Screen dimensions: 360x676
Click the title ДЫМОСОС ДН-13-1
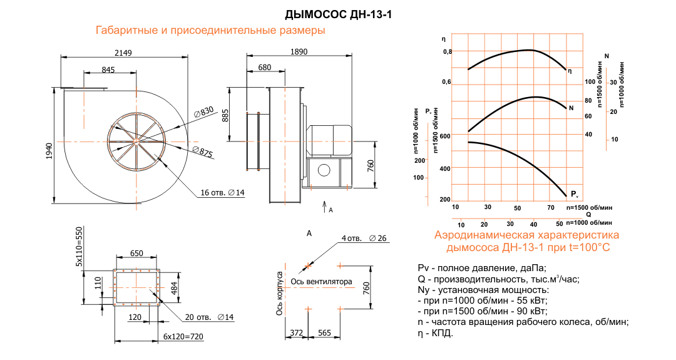click(338, 14)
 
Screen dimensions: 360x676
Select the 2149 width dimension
click(123, 53)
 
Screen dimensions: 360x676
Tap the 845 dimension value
click(108, 69)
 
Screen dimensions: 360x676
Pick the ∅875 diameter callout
click(203, 152)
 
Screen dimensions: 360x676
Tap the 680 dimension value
click(264, 67)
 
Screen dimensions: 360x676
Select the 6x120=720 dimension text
click(185, 336)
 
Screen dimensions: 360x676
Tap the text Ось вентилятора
click(321, 281)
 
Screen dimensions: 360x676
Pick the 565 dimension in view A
click(324, 333)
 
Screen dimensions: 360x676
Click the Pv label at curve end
click(575, 193)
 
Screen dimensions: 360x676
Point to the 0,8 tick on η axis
click(447, 51)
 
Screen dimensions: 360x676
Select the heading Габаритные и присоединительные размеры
click(210, 30)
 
